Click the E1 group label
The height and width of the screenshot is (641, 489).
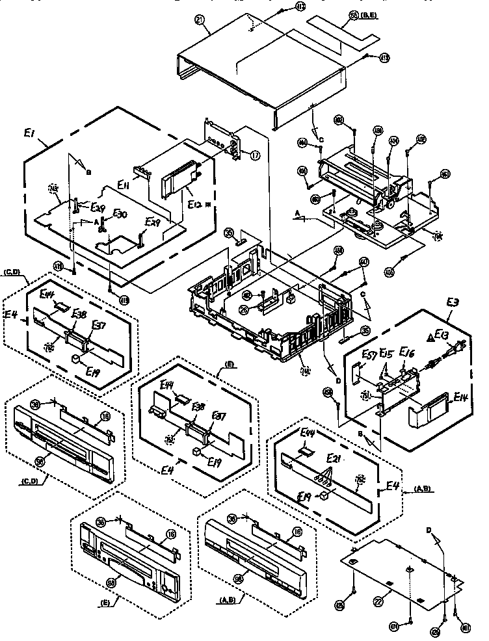click(29, 133)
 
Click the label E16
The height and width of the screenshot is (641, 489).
click(408, 354)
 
